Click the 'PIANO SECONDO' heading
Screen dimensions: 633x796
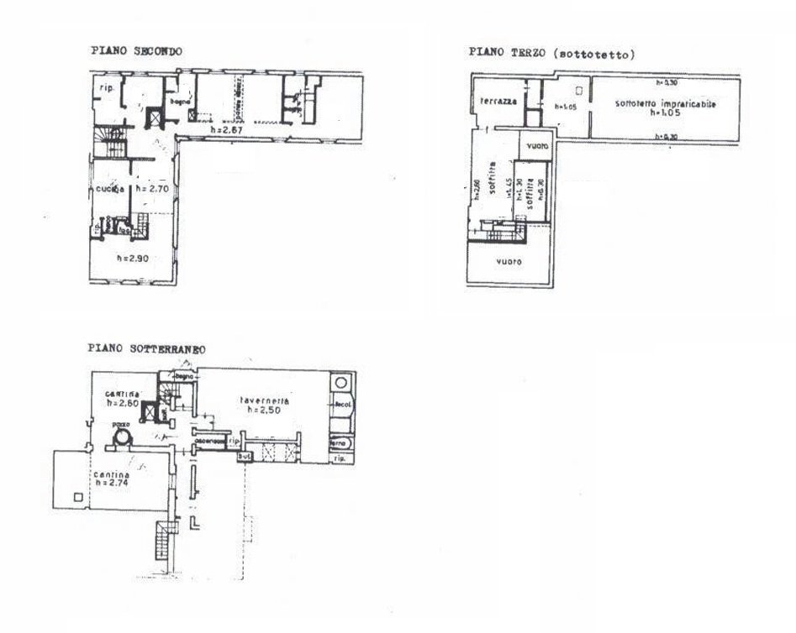pos(137,51)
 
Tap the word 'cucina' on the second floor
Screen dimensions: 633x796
pos(109,189)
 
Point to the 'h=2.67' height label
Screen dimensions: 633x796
pos(225,132)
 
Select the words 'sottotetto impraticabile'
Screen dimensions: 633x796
pos(653,103)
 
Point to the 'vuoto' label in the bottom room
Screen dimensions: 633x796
pos(509,261)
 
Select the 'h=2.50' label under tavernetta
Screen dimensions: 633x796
pos(261,411)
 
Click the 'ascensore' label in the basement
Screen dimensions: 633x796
pos(208,441)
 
